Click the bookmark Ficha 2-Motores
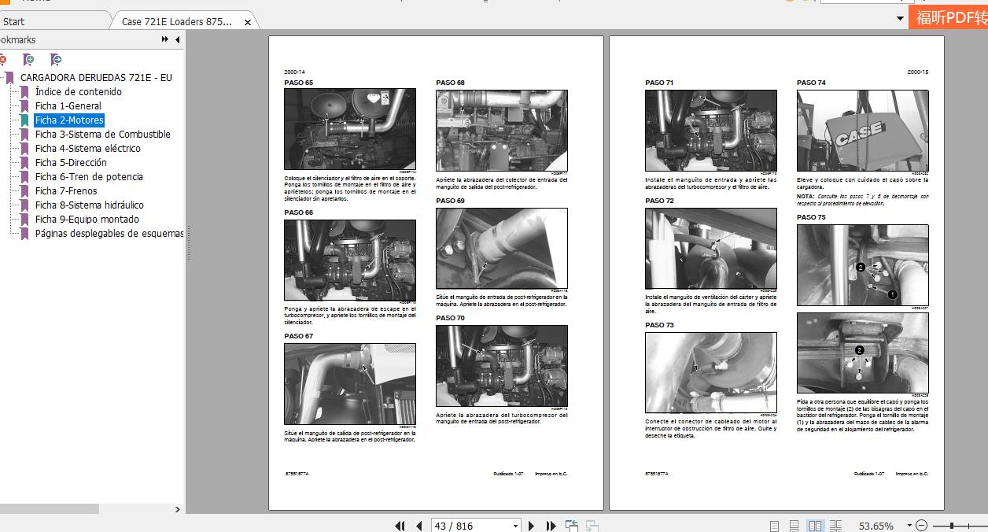[x=69, y=120]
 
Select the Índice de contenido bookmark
[x=78, y=92]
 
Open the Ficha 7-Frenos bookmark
[x=66, y=191]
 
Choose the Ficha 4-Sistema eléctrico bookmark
[x=87, y=149]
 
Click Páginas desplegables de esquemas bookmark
[x=109, y=234]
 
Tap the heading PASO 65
[x=298, y=83]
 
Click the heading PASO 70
[x=450, y=318]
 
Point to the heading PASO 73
[x=659, y=325]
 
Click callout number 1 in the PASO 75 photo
[x=892, y=294]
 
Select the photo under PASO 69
[x=501, y=248]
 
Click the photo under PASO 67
[x=349, y=383]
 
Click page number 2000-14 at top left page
[x=295, y=72]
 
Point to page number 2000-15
[x=917, y=72]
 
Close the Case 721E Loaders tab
[x=248, y=22]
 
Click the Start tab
[x=14, y=22]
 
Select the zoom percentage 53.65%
[x=876, y=526]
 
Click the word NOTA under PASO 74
[x=805, y=196]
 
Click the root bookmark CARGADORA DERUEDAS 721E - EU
[x=96, y=78]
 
